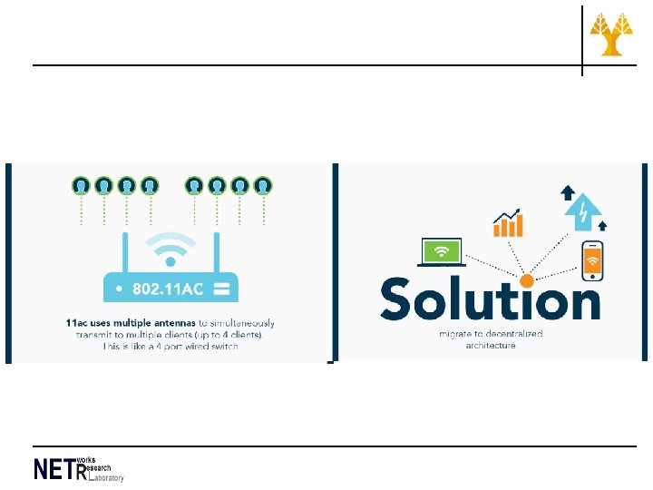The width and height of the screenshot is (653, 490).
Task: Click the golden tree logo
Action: pyautogui.click(x=612, y=35)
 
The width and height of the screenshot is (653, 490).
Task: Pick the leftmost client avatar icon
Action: pyautogui.click(x=82, y=186)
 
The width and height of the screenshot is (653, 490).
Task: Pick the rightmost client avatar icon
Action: pyautogui.click(x=262, y=186)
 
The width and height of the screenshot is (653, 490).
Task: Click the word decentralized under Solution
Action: pyautogui.click(x=512, y=333)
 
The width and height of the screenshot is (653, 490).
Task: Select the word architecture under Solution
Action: pyautogui.click(x=490, y=345)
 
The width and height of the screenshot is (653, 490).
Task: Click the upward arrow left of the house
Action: pyautogui.click(x=568, y=191)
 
